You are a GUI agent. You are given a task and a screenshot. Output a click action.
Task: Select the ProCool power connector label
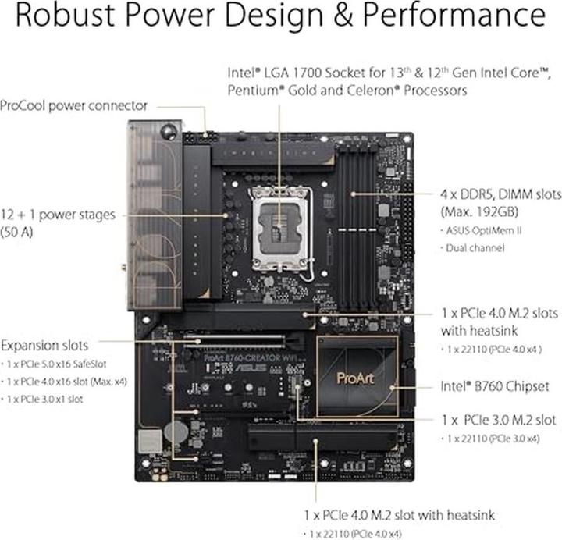tap(74, 105)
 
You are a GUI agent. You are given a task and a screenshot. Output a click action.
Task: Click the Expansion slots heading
tap(44, 345)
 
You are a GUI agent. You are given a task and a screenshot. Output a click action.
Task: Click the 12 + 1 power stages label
tap(58, 215)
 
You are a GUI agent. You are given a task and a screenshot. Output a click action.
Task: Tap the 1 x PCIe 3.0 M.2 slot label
tap(498, 420)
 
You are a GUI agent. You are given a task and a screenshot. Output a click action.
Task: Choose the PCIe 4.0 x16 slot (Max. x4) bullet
tap(65, 382)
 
